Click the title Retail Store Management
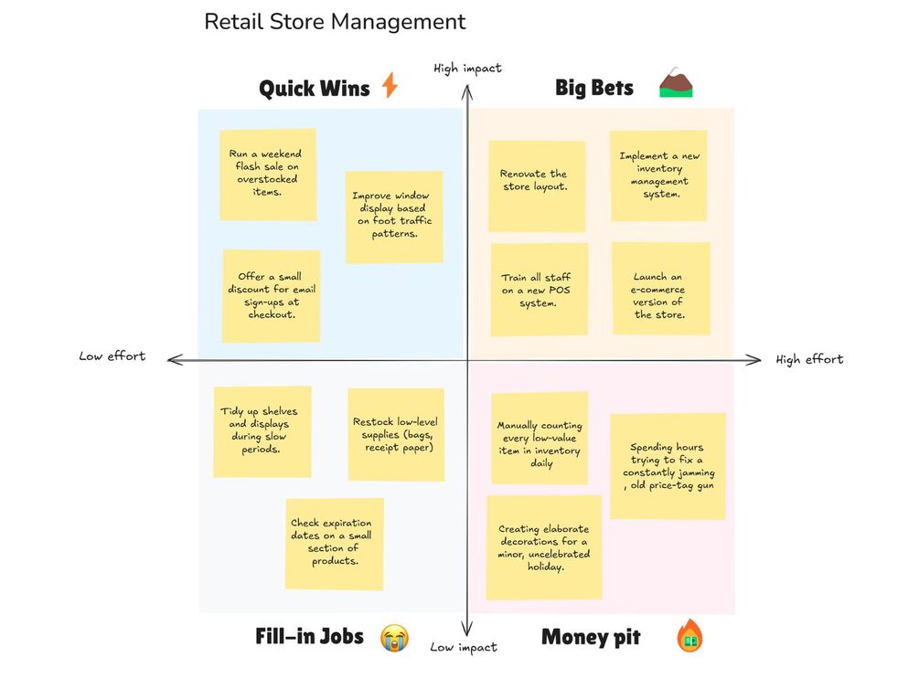(335, 22)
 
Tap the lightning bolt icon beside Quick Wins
(390, 86)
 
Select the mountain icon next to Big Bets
(677, 85)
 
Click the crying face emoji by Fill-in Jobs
(394, 637)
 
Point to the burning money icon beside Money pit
(689, 636)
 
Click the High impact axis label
(467, 69)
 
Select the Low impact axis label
(464, 647)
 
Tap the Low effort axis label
(112, 356)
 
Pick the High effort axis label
(809, 359)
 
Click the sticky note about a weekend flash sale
(268, 174)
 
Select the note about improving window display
(393, 216)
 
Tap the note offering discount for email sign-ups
(271, 295)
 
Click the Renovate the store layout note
(536, 185)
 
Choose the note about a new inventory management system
(659, 175)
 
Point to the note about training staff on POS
(539, 290)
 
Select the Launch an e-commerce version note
(660, 288)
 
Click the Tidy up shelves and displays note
(262, 430)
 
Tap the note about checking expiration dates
(334, 543)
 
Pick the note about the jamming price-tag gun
(668, 466)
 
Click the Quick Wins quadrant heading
(314, 89)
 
